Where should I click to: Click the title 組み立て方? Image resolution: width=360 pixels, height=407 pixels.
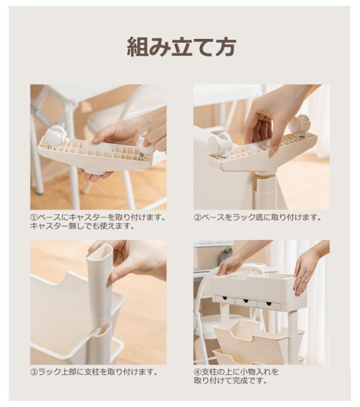(x=181, y=47)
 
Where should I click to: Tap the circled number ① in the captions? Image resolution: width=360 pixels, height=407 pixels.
(x=34, y=217)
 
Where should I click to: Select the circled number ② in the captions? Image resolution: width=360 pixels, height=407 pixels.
(x=197, y=217)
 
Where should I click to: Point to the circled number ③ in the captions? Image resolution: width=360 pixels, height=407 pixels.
(x=34, y=372)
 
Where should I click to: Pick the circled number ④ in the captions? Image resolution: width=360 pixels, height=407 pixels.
(x=197, y=372)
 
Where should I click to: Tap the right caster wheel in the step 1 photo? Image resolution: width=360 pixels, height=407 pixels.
(x=146, y=145)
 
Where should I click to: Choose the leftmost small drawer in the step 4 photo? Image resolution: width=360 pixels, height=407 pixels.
(x=225, y=300)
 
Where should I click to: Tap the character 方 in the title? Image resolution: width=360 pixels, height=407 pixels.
(x=225, y=47)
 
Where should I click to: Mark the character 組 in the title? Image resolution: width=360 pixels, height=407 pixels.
(x=137, y=47)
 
